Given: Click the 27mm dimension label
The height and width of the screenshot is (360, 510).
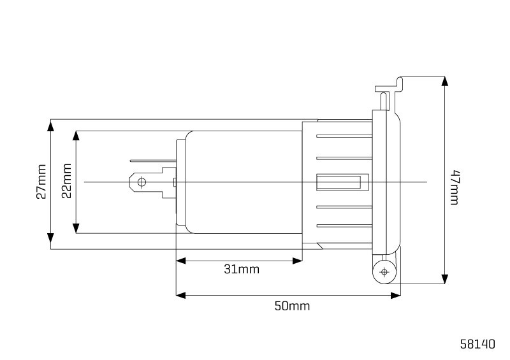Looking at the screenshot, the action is coord(41,182).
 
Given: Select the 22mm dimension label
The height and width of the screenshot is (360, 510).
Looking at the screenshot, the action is coord(66,181).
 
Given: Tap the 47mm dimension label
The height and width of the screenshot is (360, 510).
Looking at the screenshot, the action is coord(455,187).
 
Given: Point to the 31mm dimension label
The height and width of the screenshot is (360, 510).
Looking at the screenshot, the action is coord(242,270).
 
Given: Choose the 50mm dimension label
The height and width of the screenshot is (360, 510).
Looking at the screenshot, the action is coord(292,306).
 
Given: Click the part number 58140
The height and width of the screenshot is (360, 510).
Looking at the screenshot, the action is coord(477,344).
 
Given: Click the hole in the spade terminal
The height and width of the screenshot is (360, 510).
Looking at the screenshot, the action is coord(142,182).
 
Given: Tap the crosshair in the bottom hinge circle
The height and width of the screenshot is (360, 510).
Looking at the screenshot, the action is coord(384,272).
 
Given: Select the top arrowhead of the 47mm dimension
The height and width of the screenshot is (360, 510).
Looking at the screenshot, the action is coord(444,82).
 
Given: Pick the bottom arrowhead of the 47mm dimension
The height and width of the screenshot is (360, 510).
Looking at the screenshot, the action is coord(444,278).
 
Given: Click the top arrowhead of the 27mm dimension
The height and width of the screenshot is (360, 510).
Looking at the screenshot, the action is coord(51,125).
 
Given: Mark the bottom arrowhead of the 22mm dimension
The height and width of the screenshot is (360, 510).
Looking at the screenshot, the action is coord(76,228).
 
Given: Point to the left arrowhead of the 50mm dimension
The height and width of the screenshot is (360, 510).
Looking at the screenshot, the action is coord(181,295).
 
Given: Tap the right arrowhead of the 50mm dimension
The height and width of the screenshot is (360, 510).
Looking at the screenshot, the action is coord(395,295).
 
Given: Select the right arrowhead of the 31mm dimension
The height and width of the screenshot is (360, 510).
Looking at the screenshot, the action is coord(298,261).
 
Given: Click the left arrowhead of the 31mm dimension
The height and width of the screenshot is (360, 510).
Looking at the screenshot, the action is coord(181,261).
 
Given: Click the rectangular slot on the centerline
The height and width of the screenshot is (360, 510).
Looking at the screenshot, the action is coord(342,182).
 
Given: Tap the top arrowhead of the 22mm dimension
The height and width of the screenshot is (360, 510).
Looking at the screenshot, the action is coord(76,136).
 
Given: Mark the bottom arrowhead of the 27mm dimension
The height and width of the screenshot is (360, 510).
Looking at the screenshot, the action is coord(51,239).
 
